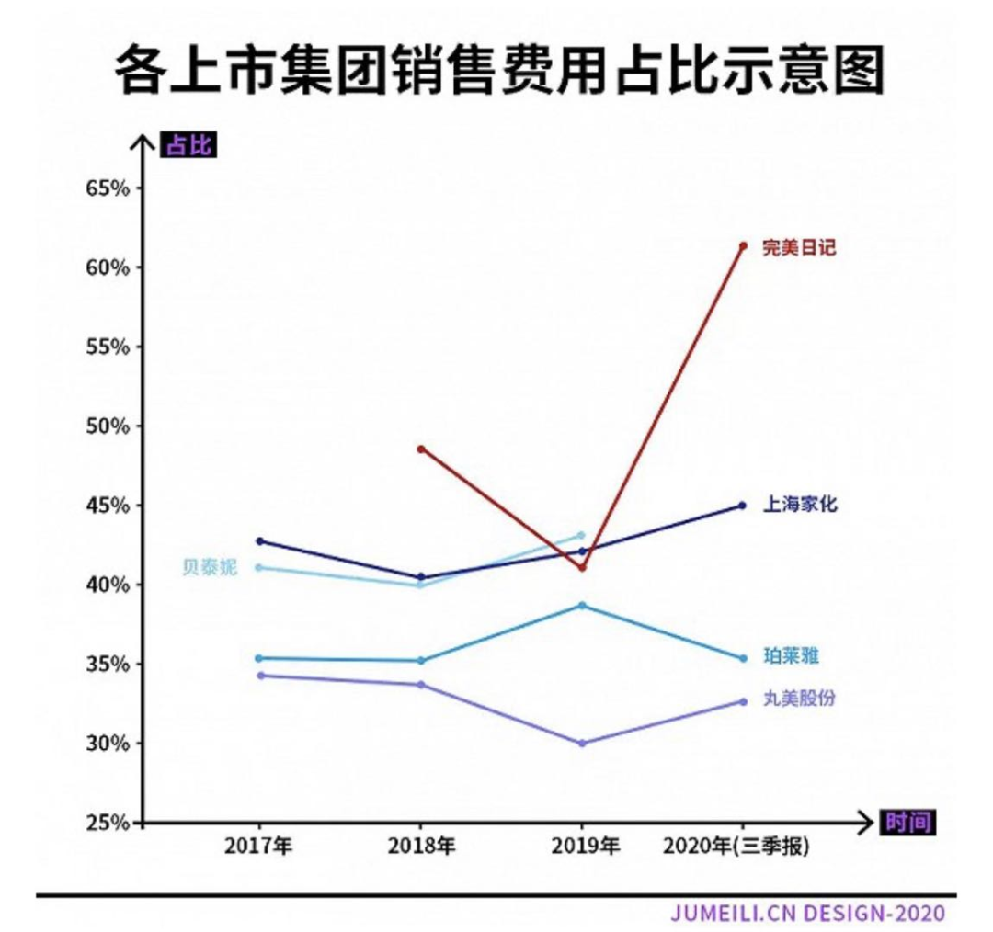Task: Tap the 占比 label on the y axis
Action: (188, 145)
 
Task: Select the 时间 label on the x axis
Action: (908, 823)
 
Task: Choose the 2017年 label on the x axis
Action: (258, 847)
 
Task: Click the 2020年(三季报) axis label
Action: (741, 847)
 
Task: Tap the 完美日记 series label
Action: (799, 247)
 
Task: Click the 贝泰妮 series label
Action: (209, 568)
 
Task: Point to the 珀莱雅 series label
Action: (791, 656)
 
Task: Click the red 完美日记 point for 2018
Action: (421, 449)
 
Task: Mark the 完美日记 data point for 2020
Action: (743, 245)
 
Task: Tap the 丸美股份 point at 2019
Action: (581, 743)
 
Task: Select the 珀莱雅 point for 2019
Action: (581, 605)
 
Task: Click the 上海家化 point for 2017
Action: (259, 540)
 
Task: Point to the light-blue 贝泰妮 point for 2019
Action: (581, 535)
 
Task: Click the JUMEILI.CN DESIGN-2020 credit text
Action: (807, 915)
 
